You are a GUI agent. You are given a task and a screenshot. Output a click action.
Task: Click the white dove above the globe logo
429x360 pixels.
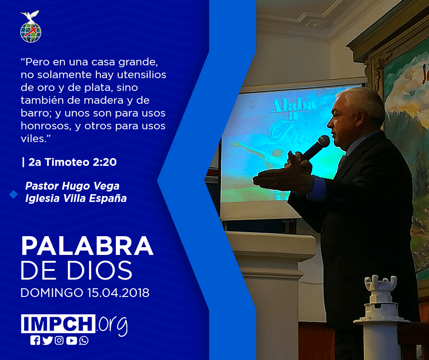pyautogui.click(x=30, y=16)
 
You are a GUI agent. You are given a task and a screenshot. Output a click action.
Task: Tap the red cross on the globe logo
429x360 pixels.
pyautogui.click(x=31, y=31)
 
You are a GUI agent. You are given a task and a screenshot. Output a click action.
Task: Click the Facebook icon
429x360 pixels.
pyautogui.click(x=35, y=340)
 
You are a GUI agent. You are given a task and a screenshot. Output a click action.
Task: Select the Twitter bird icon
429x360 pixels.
pyautogui.click(x=47, y=340)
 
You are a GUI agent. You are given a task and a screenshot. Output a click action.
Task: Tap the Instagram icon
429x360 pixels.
pyautogui.click(x=59, y=340)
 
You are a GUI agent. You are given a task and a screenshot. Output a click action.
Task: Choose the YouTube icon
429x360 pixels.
pyautogui.click(x=71, y=340)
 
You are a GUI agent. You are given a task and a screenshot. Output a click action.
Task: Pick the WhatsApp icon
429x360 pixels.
pyautogui.click(x=84, y=340)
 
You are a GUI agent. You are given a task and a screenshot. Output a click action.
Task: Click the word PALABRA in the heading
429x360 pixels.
pyautogui.click(x=87, y=246)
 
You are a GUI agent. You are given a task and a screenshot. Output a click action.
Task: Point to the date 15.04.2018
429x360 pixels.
pyautogui.click(x=119, y=292)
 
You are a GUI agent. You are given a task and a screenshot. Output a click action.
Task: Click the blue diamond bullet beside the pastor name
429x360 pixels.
pyautogui.click(x=13, y=195)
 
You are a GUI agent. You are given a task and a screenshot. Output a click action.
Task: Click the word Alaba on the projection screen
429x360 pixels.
pyautogui.click(x=293, y=105)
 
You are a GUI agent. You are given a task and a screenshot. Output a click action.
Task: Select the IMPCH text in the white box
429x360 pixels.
pyautogui.click(x=58, y=323)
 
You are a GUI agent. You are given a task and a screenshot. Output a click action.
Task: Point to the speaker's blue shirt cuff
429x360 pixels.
pyautogui.click(x=319, y=189)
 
